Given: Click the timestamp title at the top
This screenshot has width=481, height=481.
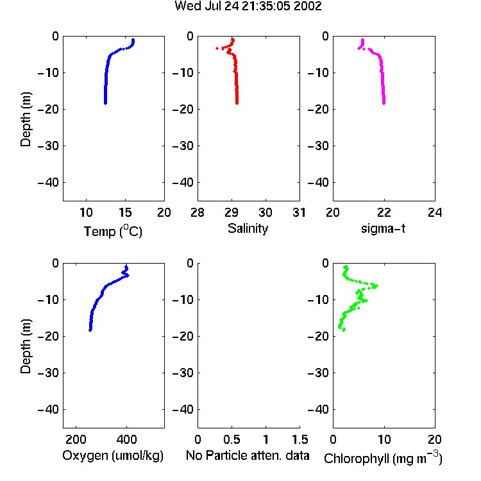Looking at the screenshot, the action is pos(248,6).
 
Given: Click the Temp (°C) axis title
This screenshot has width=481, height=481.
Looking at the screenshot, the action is pos(113,231).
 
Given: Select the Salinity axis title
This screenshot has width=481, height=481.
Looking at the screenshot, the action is pos(248,229).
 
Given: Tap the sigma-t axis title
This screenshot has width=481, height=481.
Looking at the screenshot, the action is pos(383,228).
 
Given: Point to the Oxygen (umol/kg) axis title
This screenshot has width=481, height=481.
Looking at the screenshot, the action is pos(113,456).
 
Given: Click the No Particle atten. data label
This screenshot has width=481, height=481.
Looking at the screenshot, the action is pos(248,455).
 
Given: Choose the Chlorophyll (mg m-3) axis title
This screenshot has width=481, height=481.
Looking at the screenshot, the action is pos(383,458).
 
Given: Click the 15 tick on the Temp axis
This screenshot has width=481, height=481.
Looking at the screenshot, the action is pos(125,212).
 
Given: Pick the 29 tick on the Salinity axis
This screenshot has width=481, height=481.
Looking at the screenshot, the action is pos(232,212).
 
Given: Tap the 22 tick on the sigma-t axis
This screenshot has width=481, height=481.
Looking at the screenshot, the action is pos(384,212).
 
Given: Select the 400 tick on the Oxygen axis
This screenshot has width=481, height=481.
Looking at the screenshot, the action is pos(126,439).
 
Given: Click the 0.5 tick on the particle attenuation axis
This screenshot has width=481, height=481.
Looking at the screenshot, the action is pos(232,439).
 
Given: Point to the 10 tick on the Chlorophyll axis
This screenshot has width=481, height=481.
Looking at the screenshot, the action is pos(384,439).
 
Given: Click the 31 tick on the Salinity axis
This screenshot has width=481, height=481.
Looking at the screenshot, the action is pos(299,212).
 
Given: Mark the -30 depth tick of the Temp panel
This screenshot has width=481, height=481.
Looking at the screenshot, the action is pos(48,146).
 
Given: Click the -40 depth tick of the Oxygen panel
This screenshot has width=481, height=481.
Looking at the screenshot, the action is pos(48,409).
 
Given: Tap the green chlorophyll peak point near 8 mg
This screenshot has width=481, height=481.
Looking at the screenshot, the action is pos(375,286).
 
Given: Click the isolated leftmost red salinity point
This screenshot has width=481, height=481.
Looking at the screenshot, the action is pos(217,48).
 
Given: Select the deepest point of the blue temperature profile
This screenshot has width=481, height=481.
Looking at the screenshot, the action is pos(105,103).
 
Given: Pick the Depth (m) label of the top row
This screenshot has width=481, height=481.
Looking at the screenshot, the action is pos(26,119).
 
